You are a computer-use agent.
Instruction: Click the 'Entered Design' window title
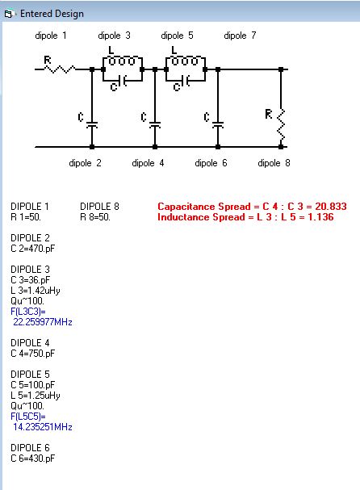52,14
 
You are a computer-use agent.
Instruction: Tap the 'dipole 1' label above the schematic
51,36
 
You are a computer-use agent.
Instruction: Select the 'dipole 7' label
240,36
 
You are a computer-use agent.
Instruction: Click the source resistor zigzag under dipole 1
59,69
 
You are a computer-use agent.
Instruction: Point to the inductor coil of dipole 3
123,61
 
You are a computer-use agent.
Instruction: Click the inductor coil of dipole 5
186,61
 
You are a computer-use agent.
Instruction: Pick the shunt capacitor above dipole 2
92,124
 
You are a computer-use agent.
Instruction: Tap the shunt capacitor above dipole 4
155,124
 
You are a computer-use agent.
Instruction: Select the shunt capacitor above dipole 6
218,124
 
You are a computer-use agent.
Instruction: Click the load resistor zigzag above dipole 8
281,124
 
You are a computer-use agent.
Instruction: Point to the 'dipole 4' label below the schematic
148,163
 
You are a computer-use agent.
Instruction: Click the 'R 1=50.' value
26,217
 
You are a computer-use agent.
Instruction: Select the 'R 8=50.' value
95,217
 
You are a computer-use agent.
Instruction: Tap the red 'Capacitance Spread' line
252,207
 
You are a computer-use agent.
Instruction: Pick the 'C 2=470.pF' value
33,249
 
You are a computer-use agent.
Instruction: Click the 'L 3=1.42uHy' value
36,291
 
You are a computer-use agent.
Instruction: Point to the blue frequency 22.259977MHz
43,322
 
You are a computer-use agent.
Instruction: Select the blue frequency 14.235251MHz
43,427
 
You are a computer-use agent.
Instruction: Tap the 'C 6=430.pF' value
33,459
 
